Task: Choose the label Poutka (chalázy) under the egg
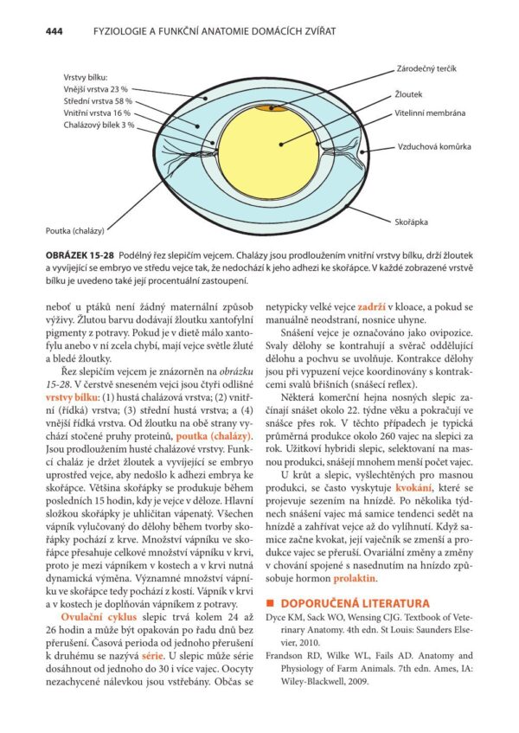click(x=75, y=231)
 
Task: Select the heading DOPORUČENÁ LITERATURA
click(x=353, y=601)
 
